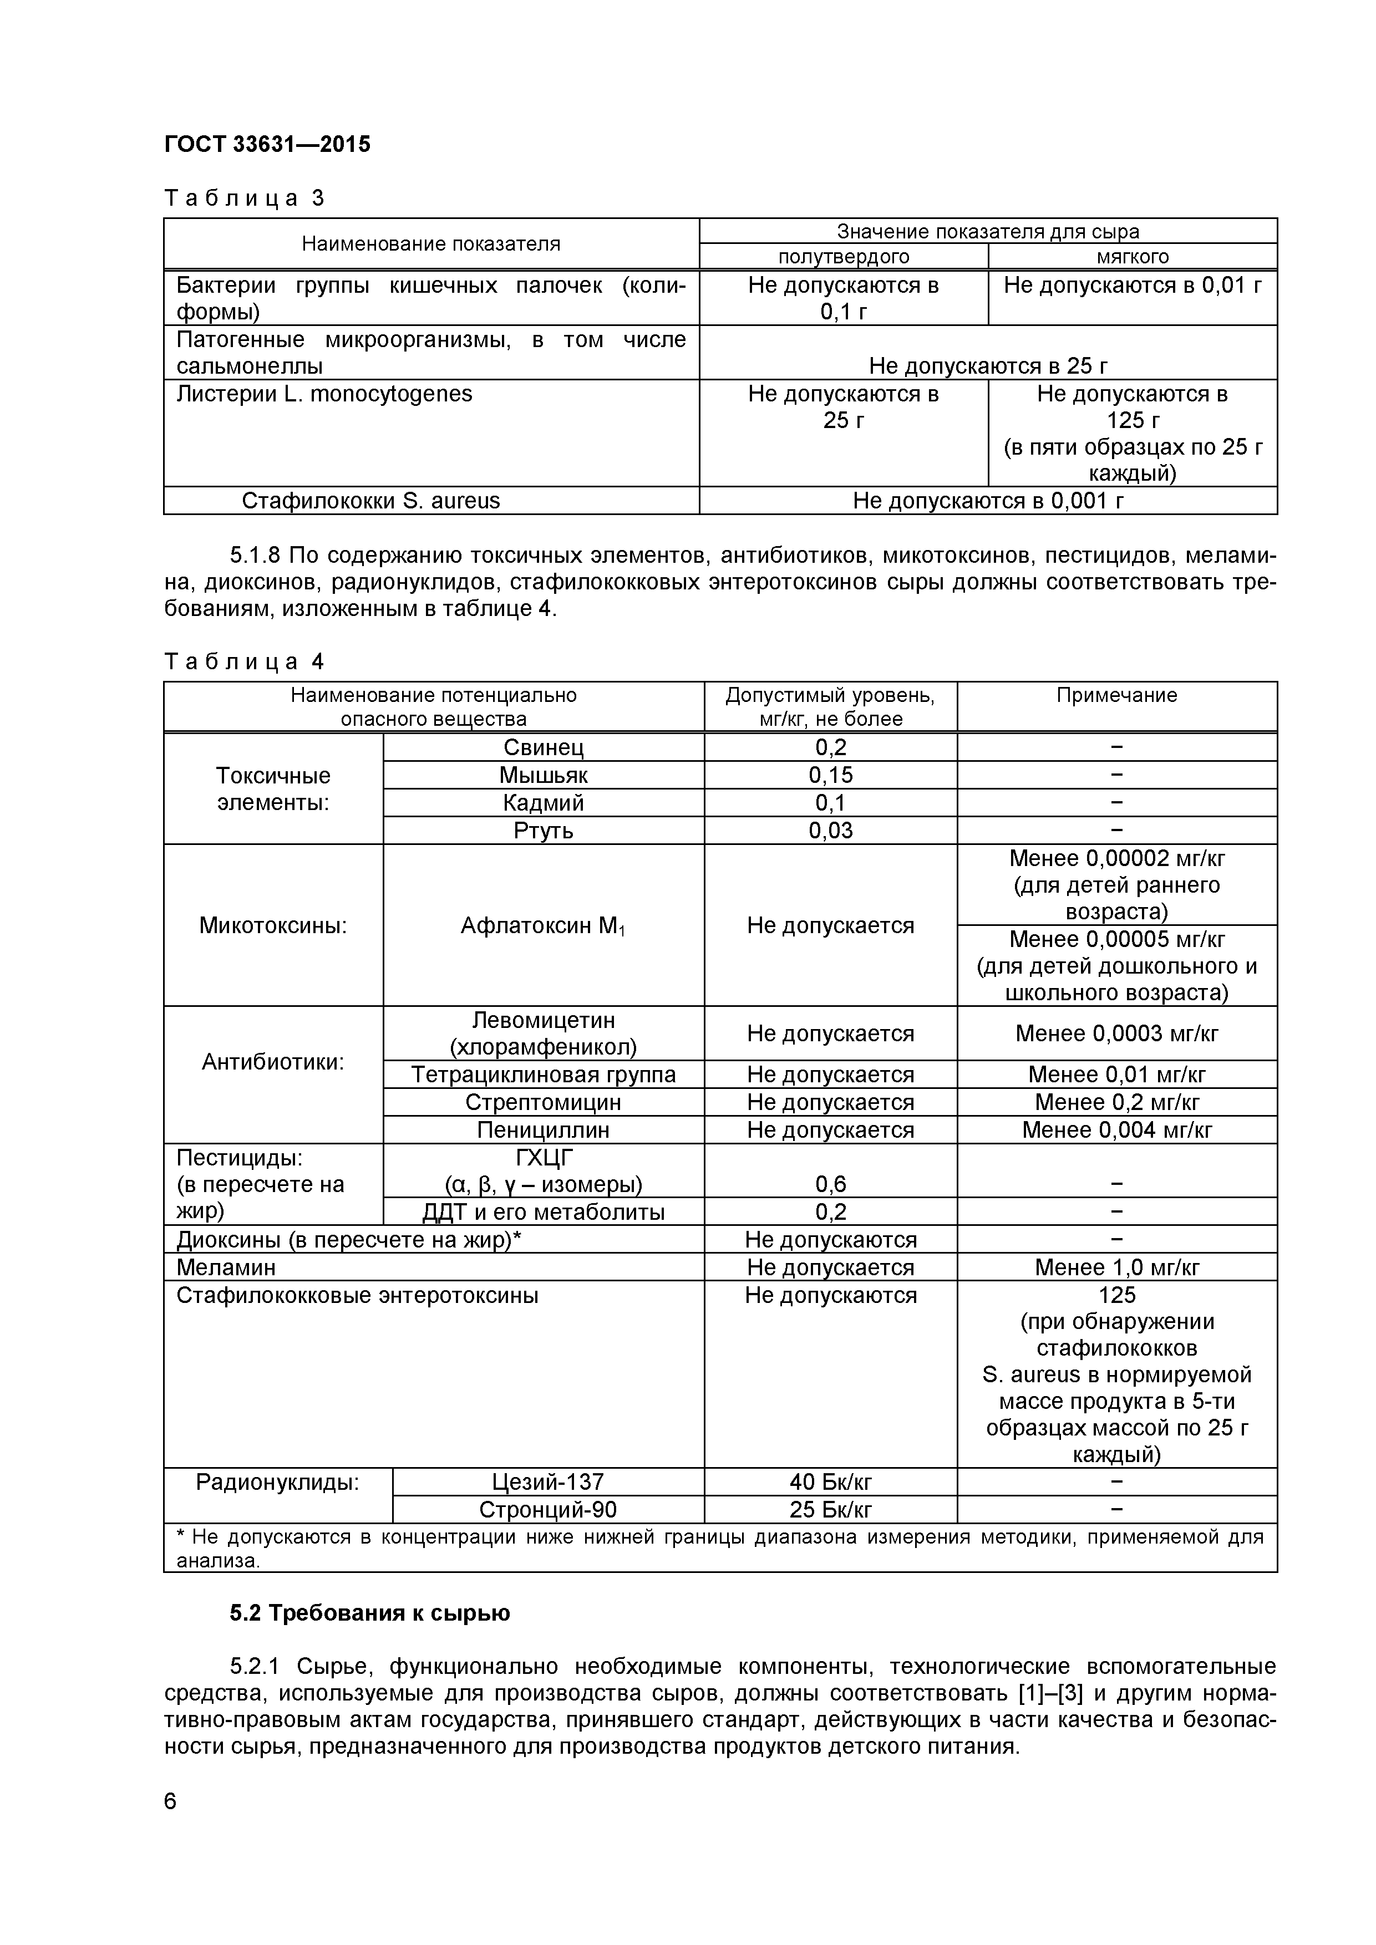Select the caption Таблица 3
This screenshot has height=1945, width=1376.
coord(244,198)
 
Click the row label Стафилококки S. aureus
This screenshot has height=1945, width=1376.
coord(371,501)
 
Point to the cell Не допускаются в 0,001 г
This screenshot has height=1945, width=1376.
coord(988,501)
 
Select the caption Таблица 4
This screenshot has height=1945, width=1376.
coord(244,661)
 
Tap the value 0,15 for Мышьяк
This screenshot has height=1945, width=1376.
coord(830,775)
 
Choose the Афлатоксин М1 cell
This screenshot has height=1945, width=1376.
coord(543,926)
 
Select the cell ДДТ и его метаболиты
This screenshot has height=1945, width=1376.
coord(543,1212)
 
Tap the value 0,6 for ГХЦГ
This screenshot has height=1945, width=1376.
coord(830,1184)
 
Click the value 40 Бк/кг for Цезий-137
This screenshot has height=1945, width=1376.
coord(830,1481)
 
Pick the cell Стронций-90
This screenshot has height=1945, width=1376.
coord(547,1510)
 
